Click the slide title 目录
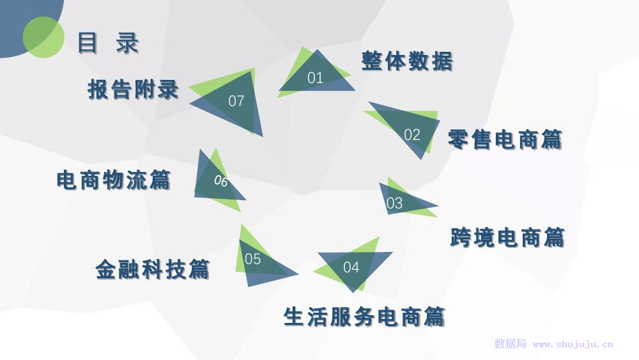(107, 43)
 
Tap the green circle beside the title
(43, 36)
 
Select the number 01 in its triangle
(316, 78)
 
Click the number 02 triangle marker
(412, 134)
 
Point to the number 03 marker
(395, 203)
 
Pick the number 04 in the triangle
(351, 267)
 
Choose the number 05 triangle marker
(253, 259)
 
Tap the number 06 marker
(220, 181)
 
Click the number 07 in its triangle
(236, 101)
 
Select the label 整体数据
(407, 61)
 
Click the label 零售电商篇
(505, 139)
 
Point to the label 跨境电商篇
(507, 237)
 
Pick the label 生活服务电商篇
(364, 317)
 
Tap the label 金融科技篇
(152, 269)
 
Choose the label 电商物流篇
(114, 180)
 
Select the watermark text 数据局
(510, 344)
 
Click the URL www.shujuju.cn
(573, 344)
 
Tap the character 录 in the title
(128, 43)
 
